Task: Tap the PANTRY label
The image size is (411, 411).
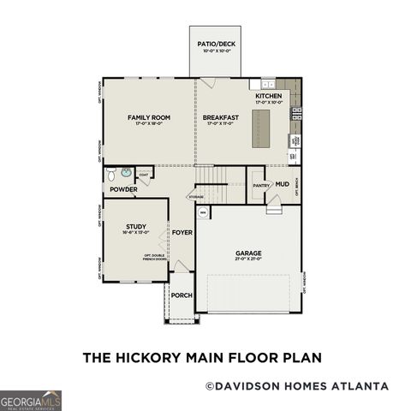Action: (x=261, y=185)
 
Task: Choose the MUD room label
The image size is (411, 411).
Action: (x=282, y=184)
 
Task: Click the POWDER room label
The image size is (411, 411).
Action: (x=123, y=190)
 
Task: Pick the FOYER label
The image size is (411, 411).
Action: (x=182, y=232)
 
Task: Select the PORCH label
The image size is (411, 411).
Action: (x=182, y=295)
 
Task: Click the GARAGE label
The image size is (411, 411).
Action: (x=248, y=253)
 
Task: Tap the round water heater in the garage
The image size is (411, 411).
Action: (x=203, y=211)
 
